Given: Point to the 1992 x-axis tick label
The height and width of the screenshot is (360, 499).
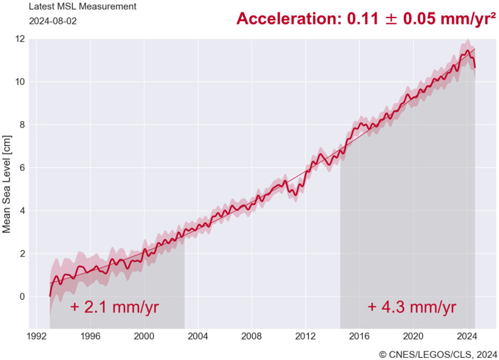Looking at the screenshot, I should coord(36,336).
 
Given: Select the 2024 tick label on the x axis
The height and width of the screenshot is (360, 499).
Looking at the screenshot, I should coord(467,336).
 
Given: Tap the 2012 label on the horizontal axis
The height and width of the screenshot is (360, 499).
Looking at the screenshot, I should coord(306,336).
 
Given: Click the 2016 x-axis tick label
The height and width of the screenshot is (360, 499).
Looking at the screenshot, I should coord(360,336).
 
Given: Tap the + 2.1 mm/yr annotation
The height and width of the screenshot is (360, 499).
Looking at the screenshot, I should coord(114,307).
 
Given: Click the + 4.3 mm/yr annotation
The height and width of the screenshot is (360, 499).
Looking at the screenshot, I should coord(412,307).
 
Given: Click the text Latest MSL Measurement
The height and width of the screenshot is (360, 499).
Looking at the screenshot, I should coord(82,7).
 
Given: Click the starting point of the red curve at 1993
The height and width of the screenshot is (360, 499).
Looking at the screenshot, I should coord(50,296).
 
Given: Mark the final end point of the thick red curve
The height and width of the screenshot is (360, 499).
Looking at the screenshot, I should coord(475,68).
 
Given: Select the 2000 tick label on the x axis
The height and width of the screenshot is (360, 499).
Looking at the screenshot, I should coord(144,336).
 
